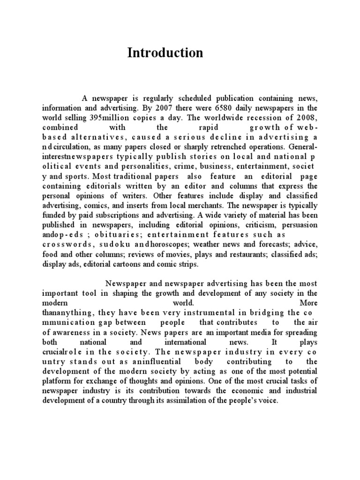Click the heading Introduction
tap(165, 53)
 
